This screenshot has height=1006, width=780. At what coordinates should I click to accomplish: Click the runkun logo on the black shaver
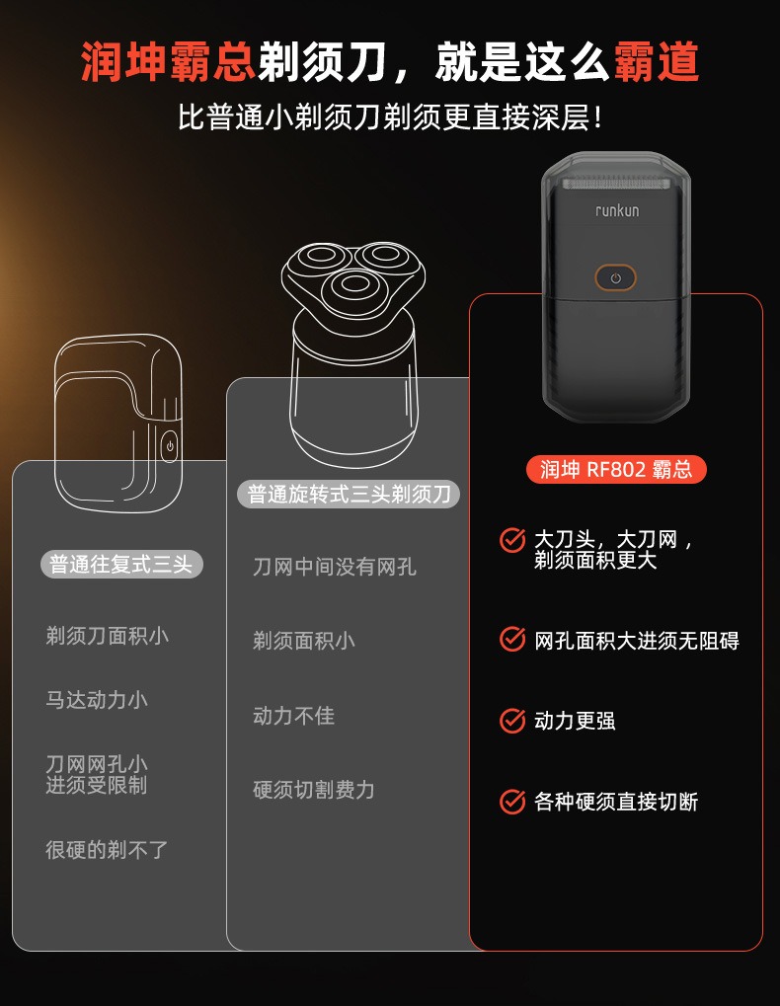(616, 210)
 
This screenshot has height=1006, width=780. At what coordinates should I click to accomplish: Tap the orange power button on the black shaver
(615, 278)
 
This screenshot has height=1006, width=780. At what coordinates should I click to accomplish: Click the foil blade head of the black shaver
(616, 184)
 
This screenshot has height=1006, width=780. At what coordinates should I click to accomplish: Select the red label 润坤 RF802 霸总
(616, 469)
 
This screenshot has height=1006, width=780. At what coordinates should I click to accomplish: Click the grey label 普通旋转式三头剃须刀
(349, 494)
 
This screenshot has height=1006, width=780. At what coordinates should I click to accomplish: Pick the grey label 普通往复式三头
(121, 565)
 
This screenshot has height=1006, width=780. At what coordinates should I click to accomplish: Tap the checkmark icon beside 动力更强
(512, 721)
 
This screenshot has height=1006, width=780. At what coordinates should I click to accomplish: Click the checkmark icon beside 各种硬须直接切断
(512, 801)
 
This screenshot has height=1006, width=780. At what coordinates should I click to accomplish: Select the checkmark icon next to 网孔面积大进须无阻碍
(512, 640)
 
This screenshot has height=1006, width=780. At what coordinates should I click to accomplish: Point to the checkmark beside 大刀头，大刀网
(512, 540)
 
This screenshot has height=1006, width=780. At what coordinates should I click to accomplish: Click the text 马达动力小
(97, 700)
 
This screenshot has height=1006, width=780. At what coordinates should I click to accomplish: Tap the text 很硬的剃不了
(107, 849)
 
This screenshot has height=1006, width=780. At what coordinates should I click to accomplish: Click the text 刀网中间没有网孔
(335, 567)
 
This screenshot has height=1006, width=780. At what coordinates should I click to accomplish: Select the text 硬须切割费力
(314, 790)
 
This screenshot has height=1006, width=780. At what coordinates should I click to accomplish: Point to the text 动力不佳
(293, 716)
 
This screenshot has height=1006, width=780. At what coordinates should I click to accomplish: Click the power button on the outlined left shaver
(170, 446)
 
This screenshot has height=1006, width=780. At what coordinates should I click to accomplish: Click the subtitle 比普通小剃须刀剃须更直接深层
(390, 118)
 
